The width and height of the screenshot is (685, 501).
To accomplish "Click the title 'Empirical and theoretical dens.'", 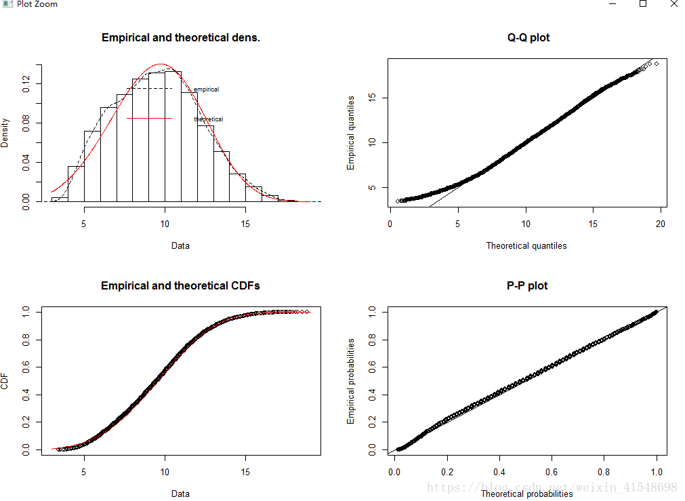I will point(180,38).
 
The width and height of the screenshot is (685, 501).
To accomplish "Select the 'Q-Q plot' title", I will point(528,38).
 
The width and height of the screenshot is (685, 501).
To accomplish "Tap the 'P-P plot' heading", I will point(527,286).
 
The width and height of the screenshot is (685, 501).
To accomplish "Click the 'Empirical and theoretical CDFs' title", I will point(180,286).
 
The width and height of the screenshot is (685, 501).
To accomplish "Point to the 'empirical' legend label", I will point(206,89).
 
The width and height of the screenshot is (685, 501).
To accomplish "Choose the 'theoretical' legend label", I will point(208,119).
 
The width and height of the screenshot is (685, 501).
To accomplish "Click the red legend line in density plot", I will point(149,119).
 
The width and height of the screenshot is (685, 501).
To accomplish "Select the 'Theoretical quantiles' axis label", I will point(526,246).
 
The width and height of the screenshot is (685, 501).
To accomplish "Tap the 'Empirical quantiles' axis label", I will point(351,133).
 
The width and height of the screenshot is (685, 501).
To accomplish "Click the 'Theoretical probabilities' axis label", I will point(526,494).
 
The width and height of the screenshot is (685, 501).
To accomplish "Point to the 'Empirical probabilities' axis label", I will point(351,381).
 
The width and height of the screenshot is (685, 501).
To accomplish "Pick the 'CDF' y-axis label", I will point(5,382).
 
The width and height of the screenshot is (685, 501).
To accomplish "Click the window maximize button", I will point(642,4).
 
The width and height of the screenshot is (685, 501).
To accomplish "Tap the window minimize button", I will point(612,4).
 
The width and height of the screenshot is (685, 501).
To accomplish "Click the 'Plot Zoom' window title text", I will point(37,4).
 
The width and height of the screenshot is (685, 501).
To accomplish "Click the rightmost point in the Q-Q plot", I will point(657,64).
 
